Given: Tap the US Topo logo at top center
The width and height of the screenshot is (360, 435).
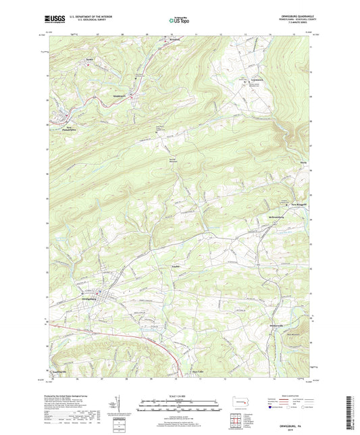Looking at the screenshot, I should tap(176, 22).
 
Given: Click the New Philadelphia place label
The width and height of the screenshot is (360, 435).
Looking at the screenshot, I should tap(73, 128).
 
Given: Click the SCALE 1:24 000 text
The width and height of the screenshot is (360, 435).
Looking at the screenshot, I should tap(179, 395).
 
